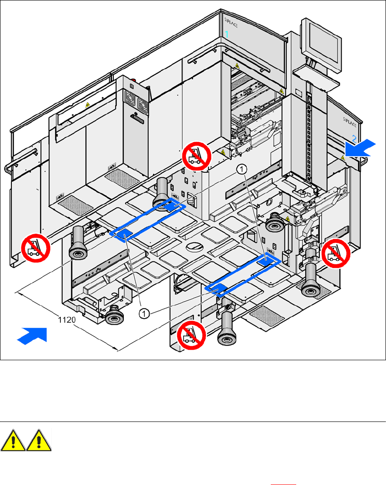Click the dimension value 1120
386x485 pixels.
(67, 319)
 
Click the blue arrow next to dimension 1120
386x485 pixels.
(32, 336)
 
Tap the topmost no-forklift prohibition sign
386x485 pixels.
(196, 155)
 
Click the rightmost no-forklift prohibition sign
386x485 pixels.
(336, 253)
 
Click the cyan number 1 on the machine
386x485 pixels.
(227, 34)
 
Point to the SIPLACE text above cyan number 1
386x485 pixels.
(231, 22)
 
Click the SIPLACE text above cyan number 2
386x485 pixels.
(352, 122)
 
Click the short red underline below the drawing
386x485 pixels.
(283, 483)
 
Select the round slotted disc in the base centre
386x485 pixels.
(196, 246)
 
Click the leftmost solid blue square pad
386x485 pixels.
(122, 233)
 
